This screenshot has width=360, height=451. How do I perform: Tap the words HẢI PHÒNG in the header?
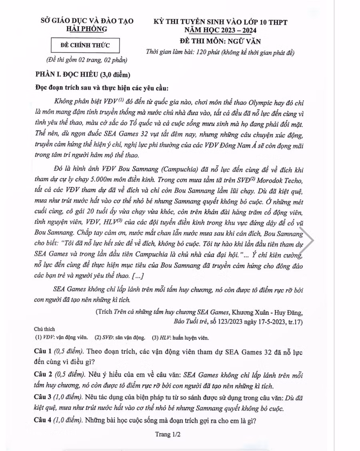[x=86, y=29]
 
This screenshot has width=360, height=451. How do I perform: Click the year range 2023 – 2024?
[x=237, y=30]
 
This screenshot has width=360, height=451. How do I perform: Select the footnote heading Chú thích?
[x=44, y=329]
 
